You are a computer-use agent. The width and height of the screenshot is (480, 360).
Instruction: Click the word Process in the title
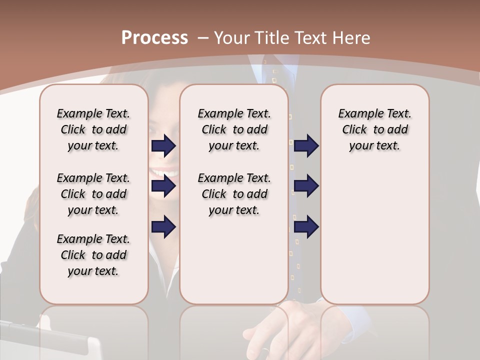pos(154,38)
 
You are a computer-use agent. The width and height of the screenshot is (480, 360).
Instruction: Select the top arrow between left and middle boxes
pos(163,145)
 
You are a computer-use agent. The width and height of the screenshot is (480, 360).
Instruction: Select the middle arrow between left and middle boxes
pos(163,186)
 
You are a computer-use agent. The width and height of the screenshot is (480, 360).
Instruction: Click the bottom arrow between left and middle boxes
pos(163,226)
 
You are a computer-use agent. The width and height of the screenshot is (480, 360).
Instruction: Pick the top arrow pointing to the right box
pos(306,145)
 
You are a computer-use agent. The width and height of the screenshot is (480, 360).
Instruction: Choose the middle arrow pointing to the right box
pos(306,186)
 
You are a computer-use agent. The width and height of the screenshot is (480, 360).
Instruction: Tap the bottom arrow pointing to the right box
pos(306,226)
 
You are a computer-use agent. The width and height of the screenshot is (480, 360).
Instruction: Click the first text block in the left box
pos(93,129)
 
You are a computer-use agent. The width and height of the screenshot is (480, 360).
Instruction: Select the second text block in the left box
pos(93,194)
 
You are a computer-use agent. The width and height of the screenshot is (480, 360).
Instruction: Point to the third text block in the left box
pos(93,255)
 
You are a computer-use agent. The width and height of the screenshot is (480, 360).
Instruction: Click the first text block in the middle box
pos(234,129)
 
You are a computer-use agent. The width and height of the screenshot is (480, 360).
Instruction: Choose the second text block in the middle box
pos(234,194)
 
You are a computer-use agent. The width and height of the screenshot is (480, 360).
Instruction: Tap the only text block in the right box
pos(375,129)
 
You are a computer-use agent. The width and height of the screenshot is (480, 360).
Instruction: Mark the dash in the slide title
pos(203,38)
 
